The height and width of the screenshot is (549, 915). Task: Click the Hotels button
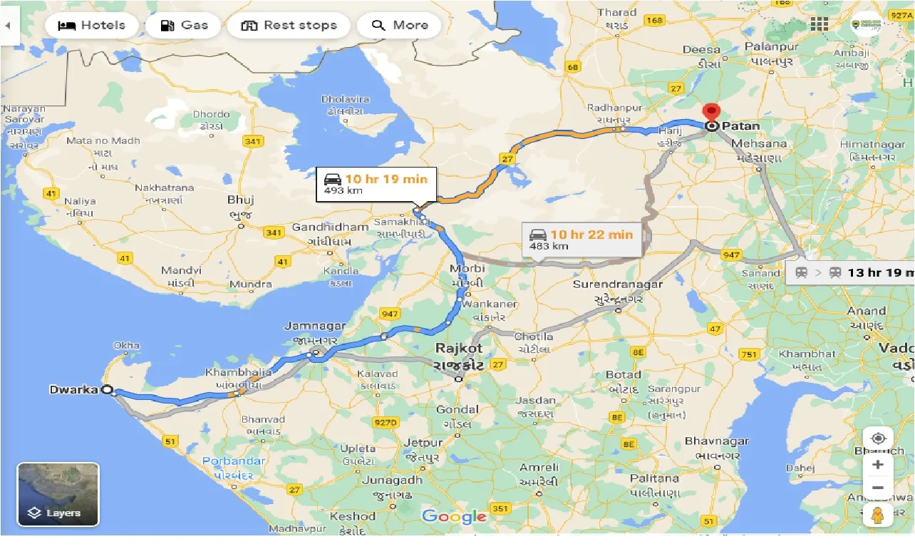(x=91, y=26)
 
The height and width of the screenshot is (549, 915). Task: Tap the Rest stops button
(x=289, y=26)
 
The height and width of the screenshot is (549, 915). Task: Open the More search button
(x=399, y=26)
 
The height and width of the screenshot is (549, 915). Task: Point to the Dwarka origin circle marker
(x=107, y=390)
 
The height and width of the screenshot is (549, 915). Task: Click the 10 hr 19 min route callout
(x=376, y=184)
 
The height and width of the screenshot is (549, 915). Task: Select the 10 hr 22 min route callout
(x=581, y=239)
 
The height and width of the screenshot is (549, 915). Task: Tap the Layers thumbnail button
(x=58, y=494)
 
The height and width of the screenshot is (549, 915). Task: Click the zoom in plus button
(x=877, y=465)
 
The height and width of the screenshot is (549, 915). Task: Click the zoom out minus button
(x=877, y=488)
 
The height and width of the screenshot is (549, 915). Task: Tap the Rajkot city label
(x=460, y=349)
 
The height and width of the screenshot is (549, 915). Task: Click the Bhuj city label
(x=240, y=200)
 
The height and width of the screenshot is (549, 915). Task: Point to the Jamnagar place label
(x=315, y=327)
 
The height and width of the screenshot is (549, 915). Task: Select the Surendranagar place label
(x=618, y=284)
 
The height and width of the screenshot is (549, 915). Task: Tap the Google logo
(x=454, y=517)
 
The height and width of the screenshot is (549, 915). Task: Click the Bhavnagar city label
(x=716, y=441)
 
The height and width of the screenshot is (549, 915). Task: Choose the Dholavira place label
(x=345, y=99)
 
